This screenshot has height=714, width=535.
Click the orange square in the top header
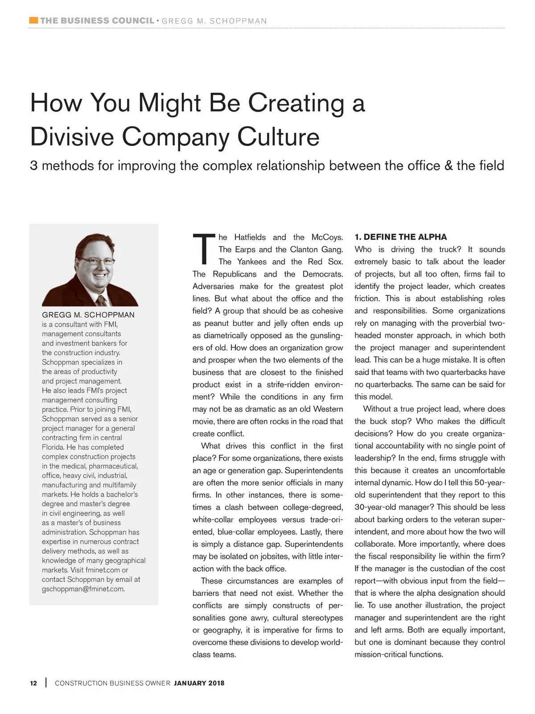pos(33,20)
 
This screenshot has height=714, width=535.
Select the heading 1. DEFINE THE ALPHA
pos(400,237)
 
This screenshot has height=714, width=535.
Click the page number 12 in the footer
pos(33,683)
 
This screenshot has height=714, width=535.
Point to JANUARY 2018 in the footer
pos(199,683)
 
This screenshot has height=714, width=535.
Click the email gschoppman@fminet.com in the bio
pos(83,589)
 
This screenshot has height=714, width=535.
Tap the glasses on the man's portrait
pos(95,261)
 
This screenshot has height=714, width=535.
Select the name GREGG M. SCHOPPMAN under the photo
pos(88,315)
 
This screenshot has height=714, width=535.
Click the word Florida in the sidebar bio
pos(53,447)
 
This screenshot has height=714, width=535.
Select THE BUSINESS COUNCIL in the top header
pos(97,21)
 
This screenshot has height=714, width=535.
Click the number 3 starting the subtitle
pos(33,166)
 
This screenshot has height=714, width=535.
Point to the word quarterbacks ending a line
pos(481,372)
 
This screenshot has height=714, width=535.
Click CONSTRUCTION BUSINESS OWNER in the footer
pos(112,683)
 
